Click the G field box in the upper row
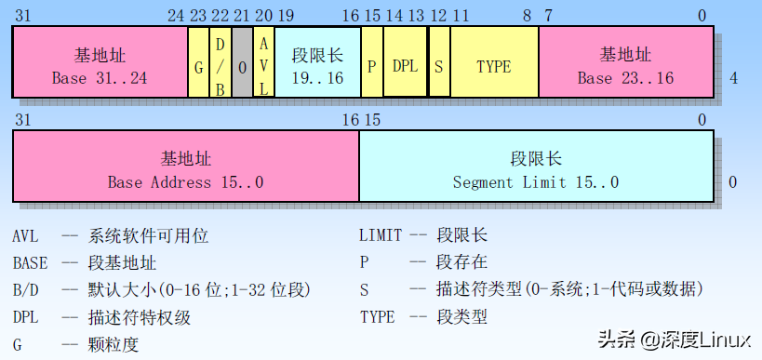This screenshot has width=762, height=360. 198,61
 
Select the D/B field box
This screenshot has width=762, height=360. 221,61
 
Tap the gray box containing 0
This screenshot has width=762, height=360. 242,61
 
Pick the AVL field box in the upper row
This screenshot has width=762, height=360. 263,61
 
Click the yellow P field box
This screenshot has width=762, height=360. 371,61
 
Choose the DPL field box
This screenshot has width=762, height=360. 405,61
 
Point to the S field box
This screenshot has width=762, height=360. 439,61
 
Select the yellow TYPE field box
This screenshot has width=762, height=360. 494,61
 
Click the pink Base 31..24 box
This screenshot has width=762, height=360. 100,61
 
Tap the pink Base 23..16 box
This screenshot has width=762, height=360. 625,61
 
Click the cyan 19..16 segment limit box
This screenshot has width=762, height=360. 316,61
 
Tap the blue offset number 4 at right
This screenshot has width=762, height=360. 733,78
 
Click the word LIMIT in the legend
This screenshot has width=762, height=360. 381,236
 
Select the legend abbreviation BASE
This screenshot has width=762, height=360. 31,263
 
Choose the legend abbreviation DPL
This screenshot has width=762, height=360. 26,317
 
